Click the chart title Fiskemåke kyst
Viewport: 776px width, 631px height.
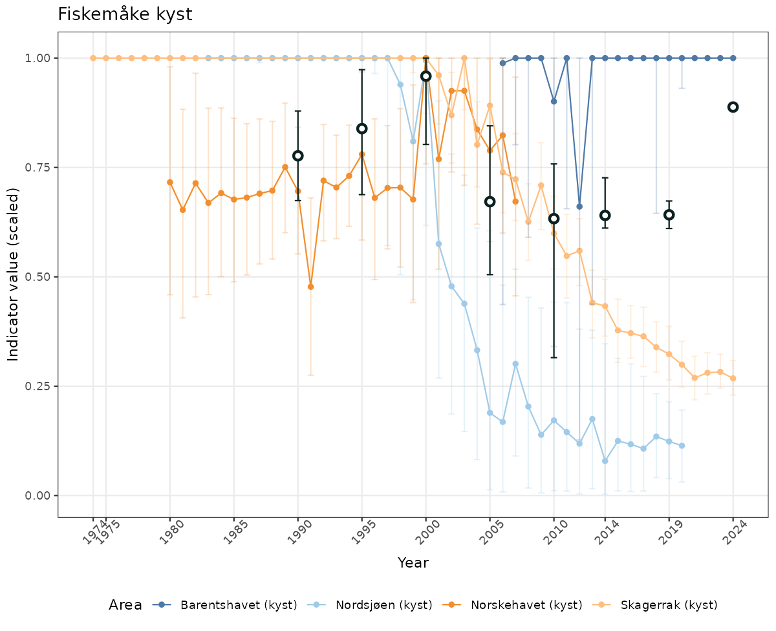(125, 14)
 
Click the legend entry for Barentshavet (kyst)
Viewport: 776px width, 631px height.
(239, 605)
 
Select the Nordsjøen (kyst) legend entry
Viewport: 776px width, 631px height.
(383, 605)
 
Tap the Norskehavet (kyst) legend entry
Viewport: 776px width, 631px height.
(526, 605)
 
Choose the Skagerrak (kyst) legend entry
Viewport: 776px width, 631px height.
(669, 605)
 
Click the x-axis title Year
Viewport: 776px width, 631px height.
(413, 563)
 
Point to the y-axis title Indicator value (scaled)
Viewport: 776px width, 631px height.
(14, 275)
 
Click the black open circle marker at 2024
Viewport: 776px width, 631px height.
(733, 107)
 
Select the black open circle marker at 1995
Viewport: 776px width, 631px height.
(362, 128)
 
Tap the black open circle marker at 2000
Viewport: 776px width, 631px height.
(426, 76)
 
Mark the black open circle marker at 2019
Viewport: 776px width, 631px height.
(669, 214)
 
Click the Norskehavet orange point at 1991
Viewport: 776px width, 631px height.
(310, 286)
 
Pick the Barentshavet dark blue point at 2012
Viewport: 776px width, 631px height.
(579, 206)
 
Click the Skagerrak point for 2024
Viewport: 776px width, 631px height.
(733, 378)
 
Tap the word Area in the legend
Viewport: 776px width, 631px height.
(125, 605)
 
